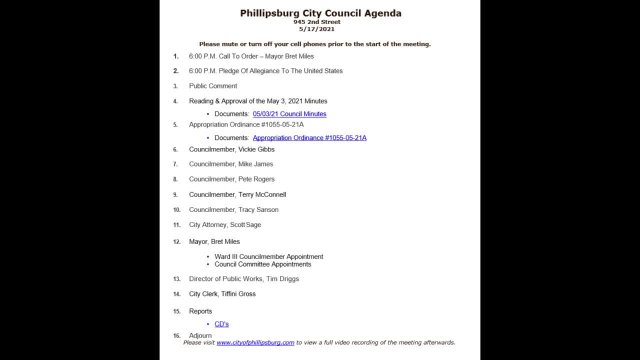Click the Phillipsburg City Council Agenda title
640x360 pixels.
click(x=321, y=13)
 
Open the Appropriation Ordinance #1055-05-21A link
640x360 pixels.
click(x=309, y=136)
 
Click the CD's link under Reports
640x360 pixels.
click(x=221, y=324)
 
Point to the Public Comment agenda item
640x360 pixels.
click(x=212, y=87)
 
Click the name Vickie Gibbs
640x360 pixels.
click(x=257, y=149)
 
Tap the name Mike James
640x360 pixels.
click(x=256, y=164)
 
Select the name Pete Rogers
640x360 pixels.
click(x=257, y=179)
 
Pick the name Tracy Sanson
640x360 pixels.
click(x=258, y=210)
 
